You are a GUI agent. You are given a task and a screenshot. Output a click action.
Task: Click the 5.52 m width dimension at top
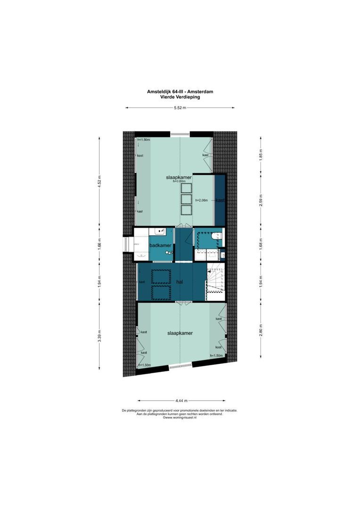(180, 108)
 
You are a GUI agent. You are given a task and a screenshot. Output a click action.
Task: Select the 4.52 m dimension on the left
(99, 182)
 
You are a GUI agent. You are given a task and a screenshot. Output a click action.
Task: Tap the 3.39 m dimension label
(99, 338)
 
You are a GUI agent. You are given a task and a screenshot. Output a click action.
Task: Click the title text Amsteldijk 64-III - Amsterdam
(180, 92)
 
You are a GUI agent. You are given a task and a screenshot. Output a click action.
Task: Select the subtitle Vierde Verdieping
(180, 97)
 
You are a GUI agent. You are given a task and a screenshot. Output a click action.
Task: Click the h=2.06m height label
(202, 200)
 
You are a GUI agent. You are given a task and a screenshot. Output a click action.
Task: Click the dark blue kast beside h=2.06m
(220, 200)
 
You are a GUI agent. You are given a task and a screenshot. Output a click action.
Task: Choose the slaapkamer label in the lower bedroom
(180, 333)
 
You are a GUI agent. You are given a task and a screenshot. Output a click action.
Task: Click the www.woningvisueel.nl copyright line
(180, 417)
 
